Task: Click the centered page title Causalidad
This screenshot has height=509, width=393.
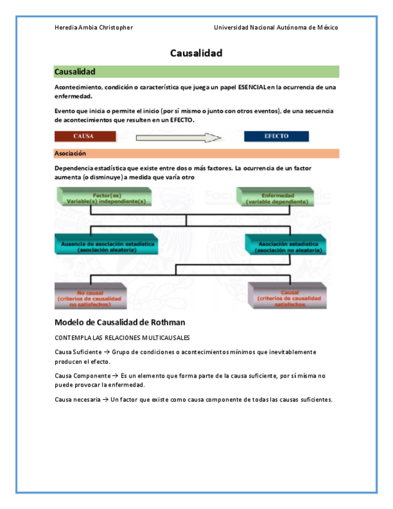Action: click(196, 53)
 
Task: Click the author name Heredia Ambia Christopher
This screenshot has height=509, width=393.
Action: click(94, 28)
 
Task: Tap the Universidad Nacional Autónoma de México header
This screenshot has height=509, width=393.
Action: click(276, 28)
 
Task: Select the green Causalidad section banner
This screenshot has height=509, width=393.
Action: click(196, 72)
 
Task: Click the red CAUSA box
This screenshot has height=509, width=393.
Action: click(85, 136)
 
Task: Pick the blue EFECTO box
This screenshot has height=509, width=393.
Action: click(276, 136)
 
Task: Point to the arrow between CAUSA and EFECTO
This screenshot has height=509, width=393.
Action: click(179, 137)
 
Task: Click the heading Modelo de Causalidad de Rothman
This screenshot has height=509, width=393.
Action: click(119, 322)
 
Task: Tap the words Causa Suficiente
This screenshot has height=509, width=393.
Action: click(74, 352)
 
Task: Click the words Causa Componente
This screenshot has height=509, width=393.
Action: click(77, 376)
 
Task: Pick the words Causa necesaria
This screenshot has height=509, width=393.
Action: click(74, 400)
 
